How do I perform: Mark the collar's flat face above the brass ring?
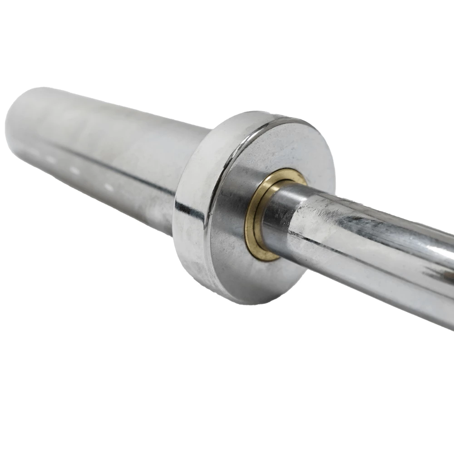pos(291,145)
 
